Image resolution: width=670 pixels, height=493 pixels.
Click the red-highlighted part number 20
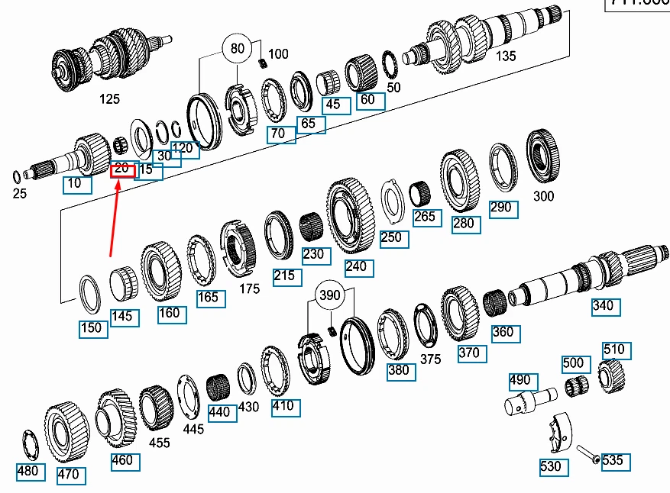coord(122,170)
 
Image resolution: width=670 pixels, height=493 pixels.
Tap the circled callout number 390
coord(330,295)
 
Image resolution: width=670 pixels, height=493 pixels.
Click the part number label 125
coord(110,98)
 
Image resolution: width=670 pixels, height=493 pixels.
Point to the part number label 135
coord(506,56)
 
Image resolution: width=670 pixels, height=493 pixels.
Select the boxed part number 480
coord(28,471)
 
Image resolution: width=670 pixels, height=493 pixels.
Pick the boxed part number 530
coord(550,466)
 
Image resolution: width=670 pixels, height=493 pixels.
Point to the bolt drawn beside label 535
coord(587,455)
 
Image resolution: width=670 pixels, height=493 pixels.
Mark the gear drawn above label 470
coord(66,432)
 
